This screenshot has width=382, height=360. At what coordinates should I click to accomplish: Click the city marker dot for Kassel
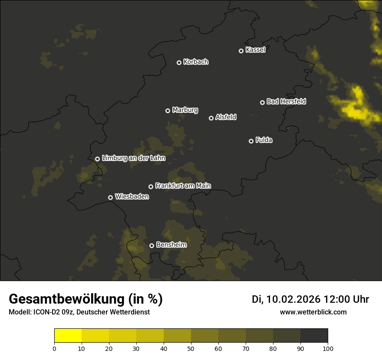coord(241,51)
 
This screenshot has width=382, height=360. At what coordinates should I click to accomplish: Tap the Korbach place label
coord(196,62)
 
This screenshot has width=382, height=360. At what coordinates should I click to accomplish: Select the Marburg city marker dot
coord(168,111)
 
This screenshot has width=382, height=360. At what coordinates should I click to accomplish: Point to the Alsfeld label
coord(226,117)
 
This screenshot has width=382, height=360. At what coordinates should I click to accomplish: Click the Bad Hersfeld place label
coord(286,101)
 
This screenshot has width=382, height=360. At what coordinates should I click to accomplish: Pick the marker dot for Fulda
coord(251,141)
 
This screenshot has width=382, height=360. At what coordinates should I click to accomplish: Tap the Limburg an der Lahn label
coord(133,158)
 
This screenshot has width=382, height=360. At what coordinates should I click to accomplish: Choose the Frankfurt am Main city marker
coord(151,187)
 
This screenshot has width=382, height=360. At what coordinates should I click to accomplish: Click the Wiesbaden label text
coord(132,196)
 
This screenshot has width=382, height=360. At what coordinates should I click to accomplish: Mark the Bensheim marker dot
coord(151,245)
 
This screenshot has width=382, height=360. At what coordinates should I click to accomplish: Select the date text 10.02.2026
coord(293,299)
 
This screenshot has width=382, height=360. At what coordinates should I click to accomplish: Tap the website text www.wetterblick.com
coord(313,312)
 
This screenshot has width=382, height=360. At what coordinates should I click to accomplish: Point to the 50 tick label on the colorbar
coord(191,348)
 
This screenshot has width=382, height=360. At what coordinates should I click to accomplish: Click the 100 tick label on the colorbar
coord(328,348)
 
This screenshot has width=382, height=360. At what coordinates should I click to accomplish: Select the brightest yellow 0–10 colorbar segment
coord(68,336)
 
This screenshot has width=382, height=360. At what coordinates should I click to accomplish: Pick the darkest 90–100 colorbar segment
coord(314,336)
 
